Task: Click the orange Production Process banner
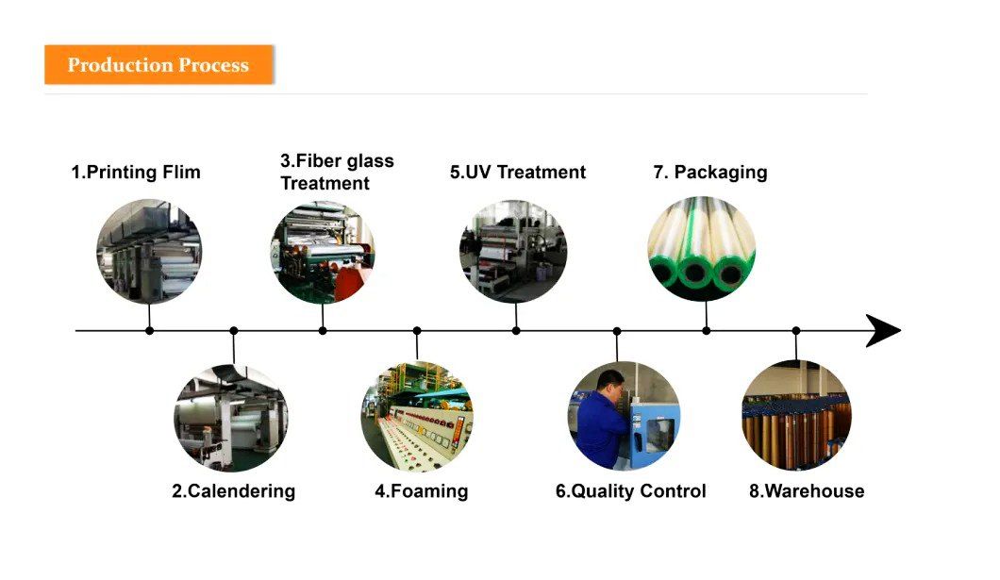[x=158, y=64]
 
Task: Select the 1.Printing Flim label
[x=136, y=172]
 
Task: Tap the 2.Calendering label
[x=233, y=491]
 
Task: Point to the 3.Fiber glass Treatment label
[x=337, y=172]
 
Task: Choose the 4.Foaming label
[x=421, y=491]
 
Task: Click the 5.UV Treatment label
[x=518, y=172]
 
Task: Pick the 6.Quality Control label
[x=631, y=491]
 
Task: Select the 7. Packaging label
[x=710, y=173]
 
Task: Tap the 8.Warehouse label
[x=807, y=491]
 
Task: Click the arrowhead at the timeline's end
[x=883, y=331]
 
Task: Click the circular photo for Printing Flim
[x=149, y=251]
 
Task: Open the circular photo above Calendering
[x=231, y=418]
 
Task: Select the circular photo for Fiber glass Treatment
[x=323, y=253]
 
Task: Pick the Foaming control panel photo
[x=417, y=416]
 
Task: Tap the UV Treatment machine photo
[x=513, y=251]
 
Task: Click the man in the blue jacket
[x=602, y=418]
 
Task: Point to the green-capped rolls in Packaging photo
[x=702, y=249]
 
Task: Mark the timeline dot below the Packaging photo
[x=706, y=331]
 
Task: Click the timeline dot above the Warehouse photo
[x=796, y=331]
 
